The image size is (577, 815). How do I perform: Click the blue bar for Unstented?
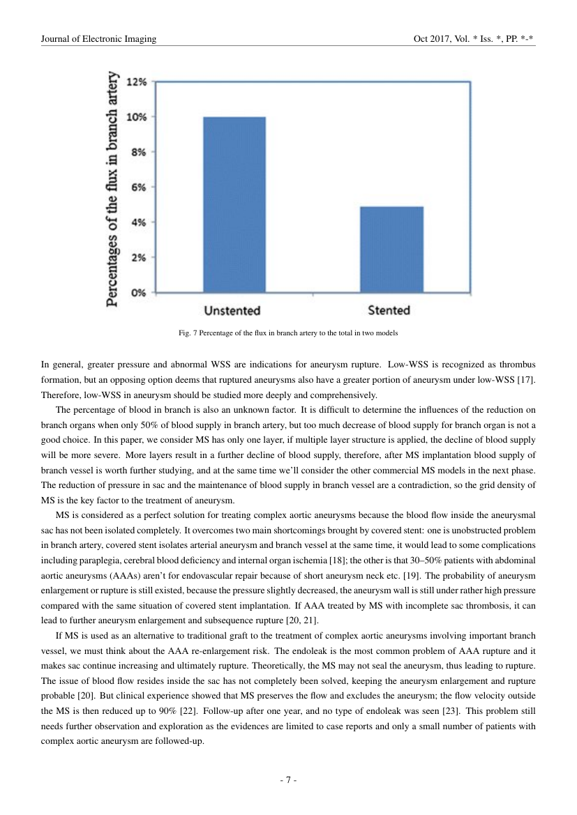click(234, 204)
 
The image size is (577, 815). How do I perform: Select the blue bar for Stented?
click(391, 249)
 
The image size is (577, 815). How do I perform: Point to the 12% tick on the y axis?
click(136, 82)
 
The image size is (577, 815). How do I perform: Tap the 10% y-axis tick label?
click(136, 117)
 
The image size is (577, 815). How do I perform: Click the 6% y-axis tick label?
click(138, 187)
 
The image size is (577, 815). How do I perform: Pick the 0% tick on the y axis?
click(138, 293)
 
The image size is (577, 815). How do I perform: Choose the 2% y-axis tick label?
click(138, 257)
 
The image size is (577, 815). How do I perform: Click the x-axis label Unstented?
click(232, 310)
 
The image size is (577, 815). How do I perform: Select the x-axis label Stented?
click(389, 310)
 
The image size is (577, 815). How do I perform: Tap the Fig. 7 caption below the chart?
click(288, 333)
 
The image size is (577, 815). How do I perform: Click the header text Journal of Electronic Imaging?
click(98, 39)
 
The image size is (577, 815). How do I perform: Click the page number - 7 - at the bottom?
click(288, 780)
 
